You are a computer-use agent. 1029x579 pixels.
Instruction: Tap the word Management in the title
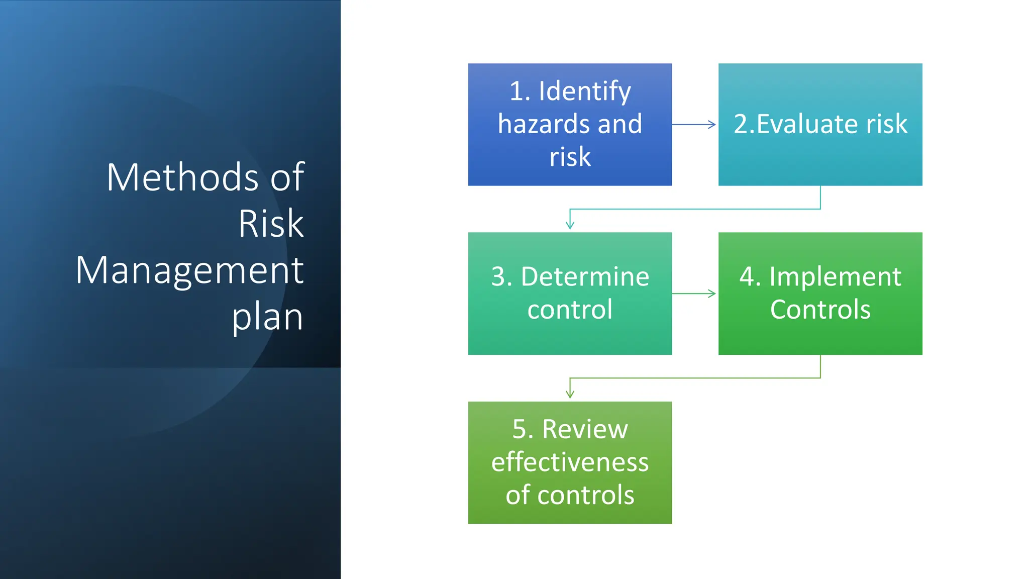(189, 270)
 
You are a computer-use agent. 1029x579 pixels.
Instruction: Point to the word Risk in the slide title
(271, 224)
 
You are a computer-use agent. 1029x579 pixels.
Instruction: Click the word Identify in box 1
(584, 91)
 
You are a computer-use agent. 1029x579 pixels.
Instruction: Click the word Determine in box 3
(585, 277)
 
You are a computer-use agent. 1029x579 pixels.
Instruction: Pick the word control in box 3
(570, 310)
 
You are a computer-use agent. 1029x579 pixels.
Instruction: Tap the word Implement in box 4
(835, 277)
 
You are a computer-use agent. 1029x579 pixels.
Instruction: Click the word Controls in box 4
(820, 310)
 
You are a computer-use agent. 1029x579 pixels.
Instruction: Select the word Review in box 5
(585, 430)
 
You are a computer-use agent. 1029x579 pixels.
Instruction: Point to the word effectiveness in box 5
(570, 462)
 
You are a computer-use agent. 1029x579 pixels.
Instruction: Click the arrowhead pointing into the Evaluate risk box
(712, 124)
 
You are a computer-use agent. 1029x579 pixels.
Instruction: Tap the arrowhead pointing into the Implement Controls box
(712, 294)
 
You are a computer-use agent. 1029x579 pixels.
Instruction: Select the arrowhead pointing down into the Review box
(570, 395)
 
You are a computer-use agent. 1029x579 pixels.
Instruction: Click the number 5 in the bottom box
(520, 430)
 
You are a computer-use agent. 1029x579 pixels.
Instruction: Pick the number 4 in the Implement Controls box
(747, 277)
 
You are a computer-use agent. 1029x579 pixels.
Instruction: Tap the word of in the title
(287, 177)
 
